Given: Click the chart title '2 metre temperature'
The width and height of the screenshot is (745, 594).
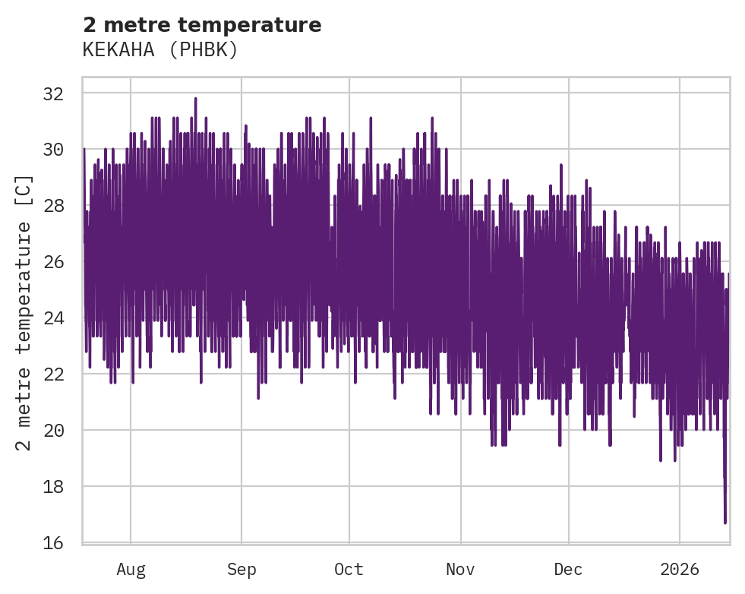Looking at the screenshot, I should tap(202, 25).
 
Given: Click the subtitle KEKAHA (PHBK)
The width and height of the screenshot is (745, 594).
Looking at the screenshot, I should tap(160, 50).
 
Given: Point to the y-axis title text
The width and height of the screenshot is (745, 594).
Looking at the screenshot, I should tap(24, 312).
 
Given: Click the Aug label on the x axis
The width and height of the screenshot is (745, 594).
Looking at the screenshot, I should tap(131, 569).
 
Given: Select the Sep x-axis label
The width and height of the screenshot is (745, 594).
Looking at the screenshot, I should tap(241, 569).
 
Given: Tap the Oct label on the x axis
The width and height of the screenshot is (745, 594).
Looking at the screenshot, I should tap(349, 569).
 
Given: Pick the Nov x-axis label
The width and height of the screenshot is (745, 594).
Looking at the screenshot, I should tap(460, 569).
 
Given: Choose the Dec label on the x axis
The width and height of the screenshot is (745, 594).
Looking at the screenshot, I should tap(568, 569).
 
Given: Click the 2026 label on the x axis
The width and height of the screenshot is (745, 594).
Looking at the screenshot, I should tap(678, 569).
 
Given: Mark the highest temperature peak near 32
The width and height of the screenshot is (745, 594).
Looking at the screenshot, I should tap(195, 99).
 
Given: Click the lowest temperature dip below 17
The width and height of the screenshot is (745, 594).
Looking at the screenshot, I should tap(725, 521).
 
